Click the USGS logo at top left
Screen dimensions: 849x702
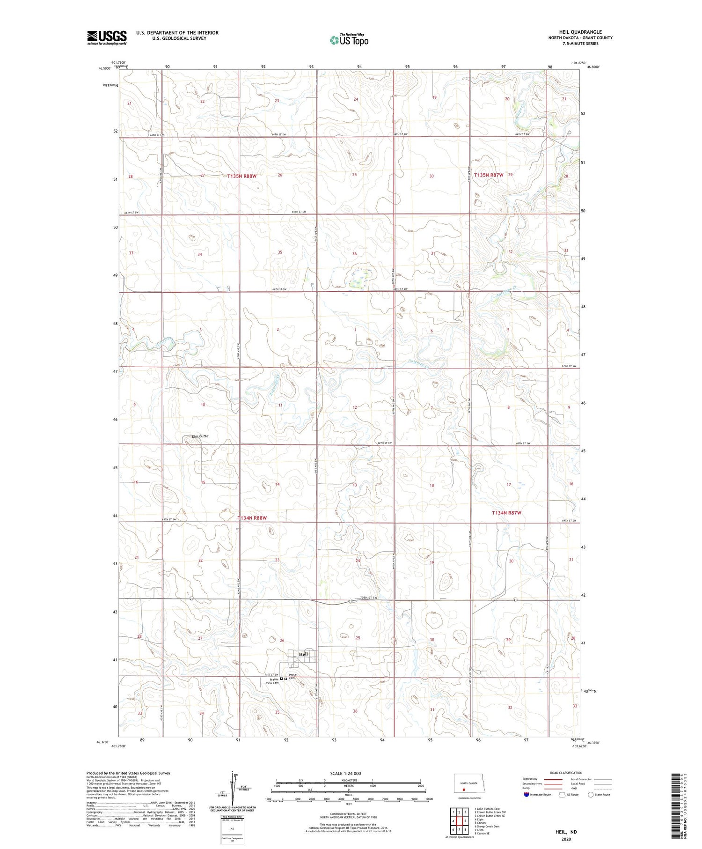pos(107,37)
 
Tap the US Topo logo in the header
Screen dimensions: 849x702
pos(349,40)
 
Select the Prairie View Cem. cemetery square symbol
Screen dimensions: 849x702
pos(281,679)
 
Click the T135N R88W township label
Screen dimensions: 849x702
pos(242,176)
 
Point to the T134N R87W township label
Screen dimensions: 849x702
pos(506,513)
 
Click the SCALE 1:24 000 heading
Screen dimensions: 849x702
pos(345,774)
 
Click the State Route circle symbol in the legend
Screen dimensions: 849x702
pos(591,795)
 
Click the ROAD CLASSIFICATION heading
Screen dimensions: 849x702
pos(566,773)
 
